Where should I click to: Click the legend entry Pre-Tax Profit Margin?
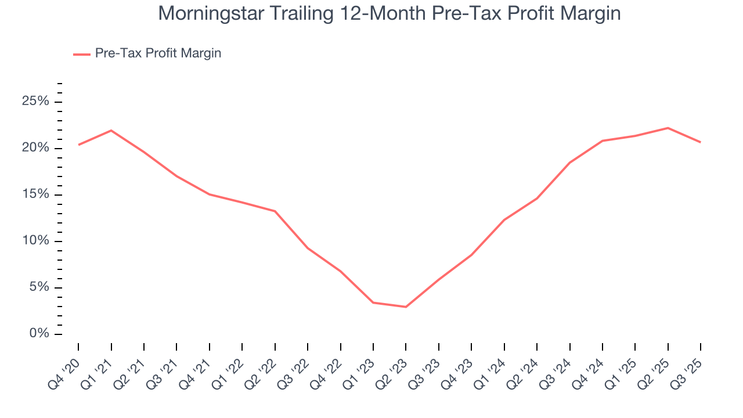click(158, 53)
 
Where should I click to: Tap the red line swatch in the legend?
click(81, 54)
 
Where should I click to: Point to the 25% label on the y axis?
click(36, 102)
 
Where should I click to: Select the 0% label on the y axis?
click(39, 334)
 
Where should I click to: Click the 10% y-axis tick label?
click(36, 241)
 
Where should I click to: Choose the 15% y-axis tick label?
click(36, 194)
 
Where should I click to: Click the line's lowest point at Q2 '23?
click(406, 307)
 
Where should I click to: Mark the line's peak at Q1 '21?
click(111, 130)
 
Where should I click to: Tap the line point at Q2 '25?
click(668, 128)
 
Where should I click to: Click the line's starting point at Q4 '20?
click(78, 145)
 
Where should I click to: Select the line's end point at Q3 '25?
click(701, 142)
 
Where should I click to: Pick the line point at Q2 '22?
click(275, 211)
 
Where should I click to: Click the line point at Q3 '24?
click(569, 163)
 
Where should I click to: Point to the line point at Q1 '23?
click(373, 302)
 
